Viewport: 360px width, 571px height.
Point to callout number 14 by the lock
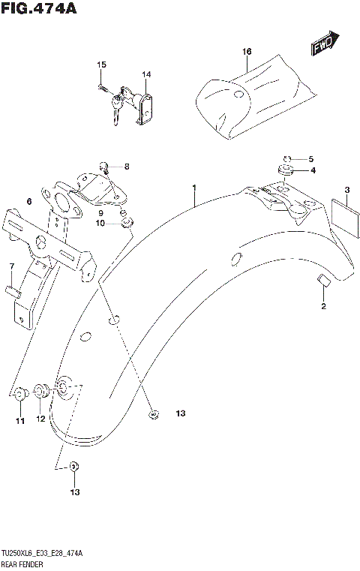147,74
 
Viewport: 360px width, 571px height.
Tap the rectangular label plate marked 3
341,215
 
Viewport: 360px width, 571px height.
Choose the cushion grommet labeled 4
284,172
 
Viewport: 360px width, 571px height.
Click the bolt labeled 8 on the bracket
106,166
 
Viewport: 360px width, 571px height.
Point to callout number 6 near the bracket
28,202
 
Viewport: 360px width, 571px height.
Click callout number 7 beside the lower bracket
11,266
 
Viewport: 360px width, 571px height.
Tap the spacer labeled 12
42,391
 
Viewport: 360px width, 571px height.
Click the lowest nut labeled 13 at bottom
73,467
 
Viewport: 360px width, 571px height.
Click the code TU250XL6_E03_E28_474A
41,552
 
